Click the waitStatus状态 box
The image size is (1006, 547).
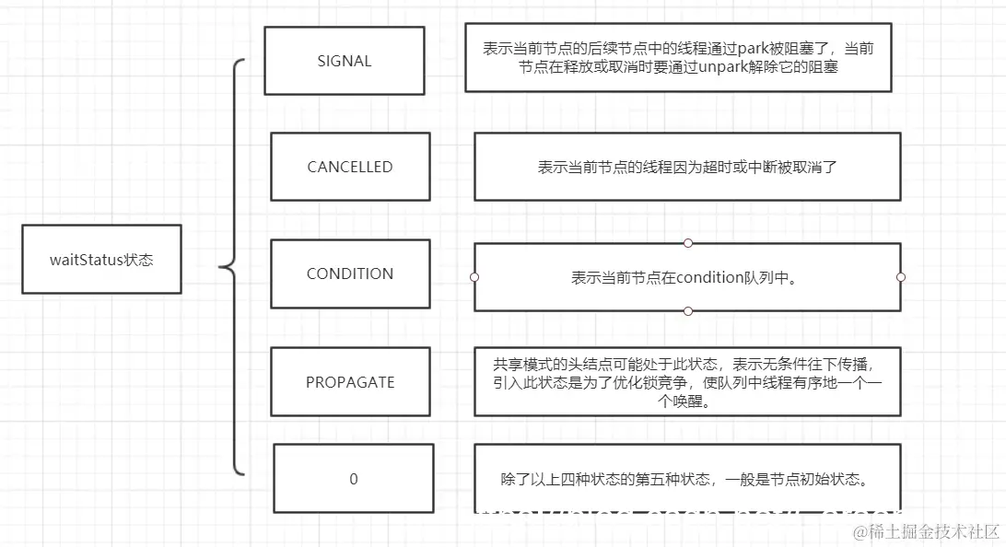pos(101,260)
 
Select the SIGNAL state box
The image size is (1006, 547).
pos(344,61)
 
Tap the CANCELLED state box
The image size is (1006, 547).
pos(350,167)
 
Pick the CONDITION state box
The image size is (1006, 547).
pos(350,273)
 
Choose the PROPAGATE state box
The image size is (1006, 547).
pos(350,381)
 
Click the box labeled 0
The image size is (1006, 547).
pos(354,479)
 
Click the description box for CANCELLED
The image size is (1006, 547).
pos(686,167)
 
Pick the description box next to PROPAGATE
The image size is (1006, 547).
pos(686,381)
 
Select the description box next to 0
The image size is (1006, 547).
pos(686,478)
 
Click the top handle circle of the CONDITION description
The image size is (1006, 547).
pos(687,243)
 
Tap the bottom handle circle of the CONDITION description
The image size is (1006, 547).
pos(687,311)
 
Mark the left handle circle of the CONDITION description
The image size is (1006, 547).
pos(474,276)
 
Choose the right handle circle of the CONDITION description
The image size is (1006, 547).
pos(900,276)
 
